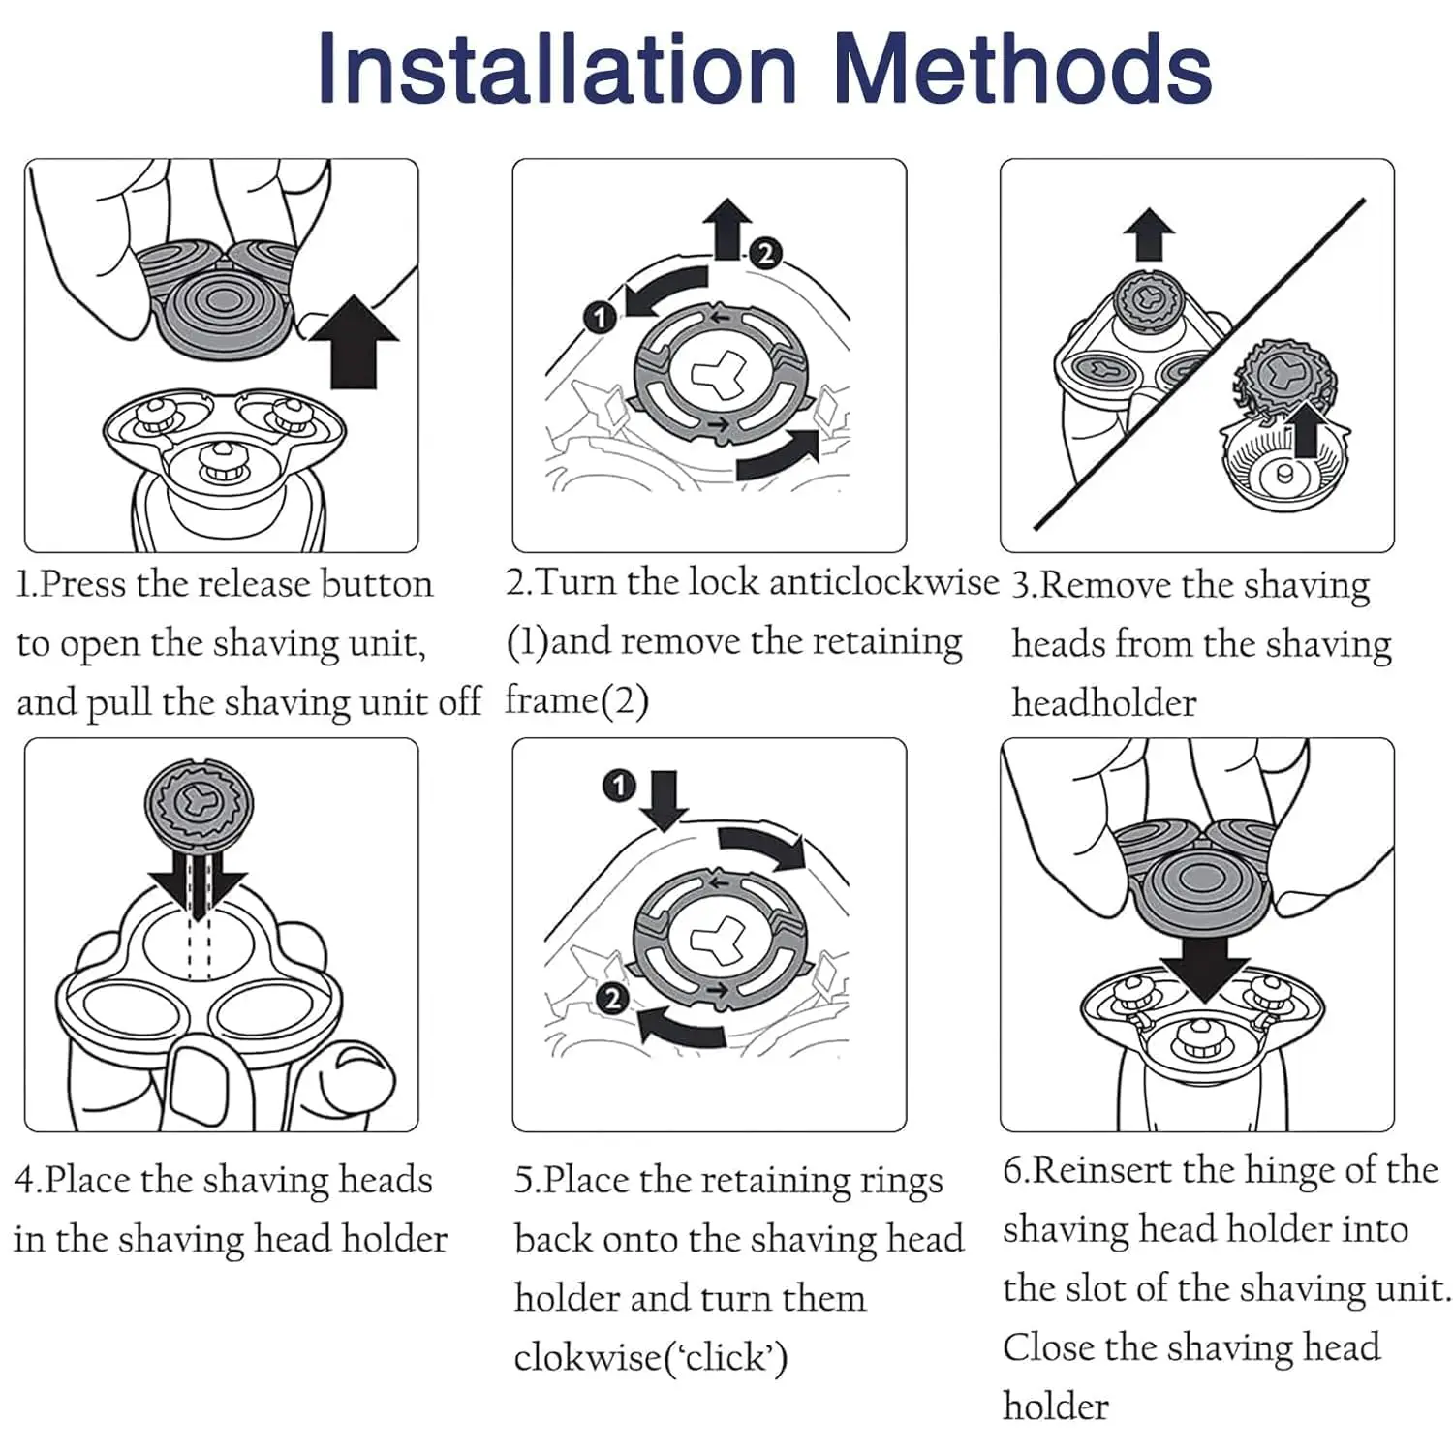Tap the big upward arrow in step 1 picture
pyautogui.click(x=356, y=344)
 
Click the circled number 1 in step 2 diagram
pyautogui.click(x=600, y=317)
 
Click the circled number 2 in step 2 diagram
pyautogui.click(x=765, y=254)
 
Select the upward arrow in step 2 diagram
pyautogui.click(x=727, y=228)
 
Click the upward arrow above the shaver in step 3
pyautogui.click(x=1149, y=234)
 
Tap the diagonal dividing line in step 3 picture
pyautogui.click(x=1201, y=363)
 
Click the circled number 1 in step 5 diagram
pyautogui.click(x=618, y=785)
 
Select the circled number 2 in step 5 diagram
pyautogui.click(x=611, y=998)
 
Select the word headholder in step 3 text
pyautogui.click(x=1103, y=703)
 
